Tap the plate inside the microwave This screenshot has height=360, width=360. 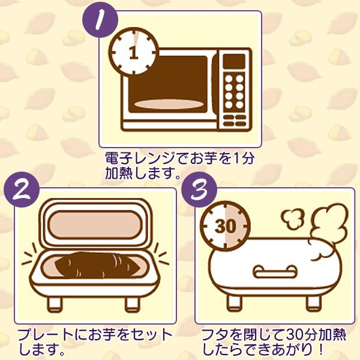(169, 104)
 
